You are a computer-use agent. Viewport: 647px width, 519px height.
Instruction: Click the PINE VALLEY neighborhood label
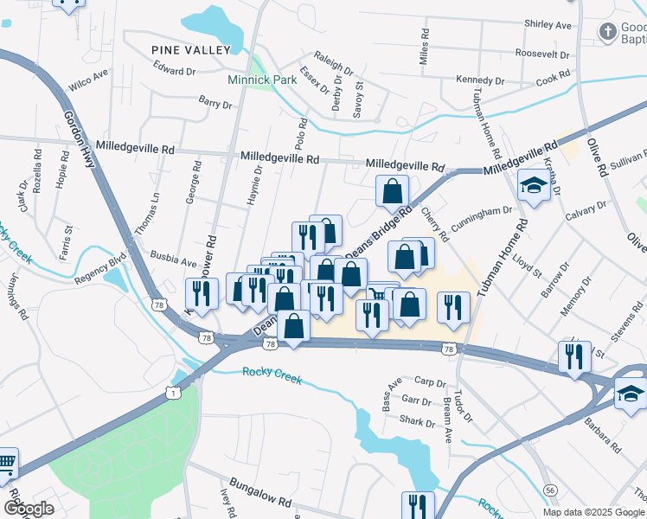pos(190,50)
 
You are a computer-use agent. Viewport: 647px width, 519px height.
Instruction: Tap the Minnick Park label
pos(262,80)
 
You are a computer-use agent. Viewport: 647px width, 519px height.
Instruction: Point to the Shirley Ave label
pos(548,25)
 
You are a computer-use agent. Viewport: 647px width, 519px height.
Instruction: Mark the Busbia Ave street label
pos(175,258)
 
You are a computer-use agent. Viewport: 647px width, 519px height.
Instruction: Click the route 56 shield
pos(550,490)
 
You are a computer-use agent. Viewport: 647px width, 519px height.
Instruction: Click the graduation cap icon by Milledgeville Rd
pos(534,184)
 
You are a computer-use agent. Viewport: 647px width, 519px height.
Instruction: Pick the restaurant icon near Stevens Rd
pos(574,356)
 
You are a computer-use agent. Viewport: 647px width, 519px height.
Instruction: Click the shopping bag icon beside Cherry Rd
pos(393,192)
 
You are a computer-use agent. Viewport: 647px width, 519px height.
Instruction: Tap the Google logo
pos(29,508)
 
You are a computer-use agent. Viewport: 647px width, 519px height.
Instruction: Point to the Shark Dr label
pos(418,422)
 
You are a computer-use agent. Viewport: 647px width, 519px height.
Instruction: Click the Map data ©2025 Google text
pos(593,511)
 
